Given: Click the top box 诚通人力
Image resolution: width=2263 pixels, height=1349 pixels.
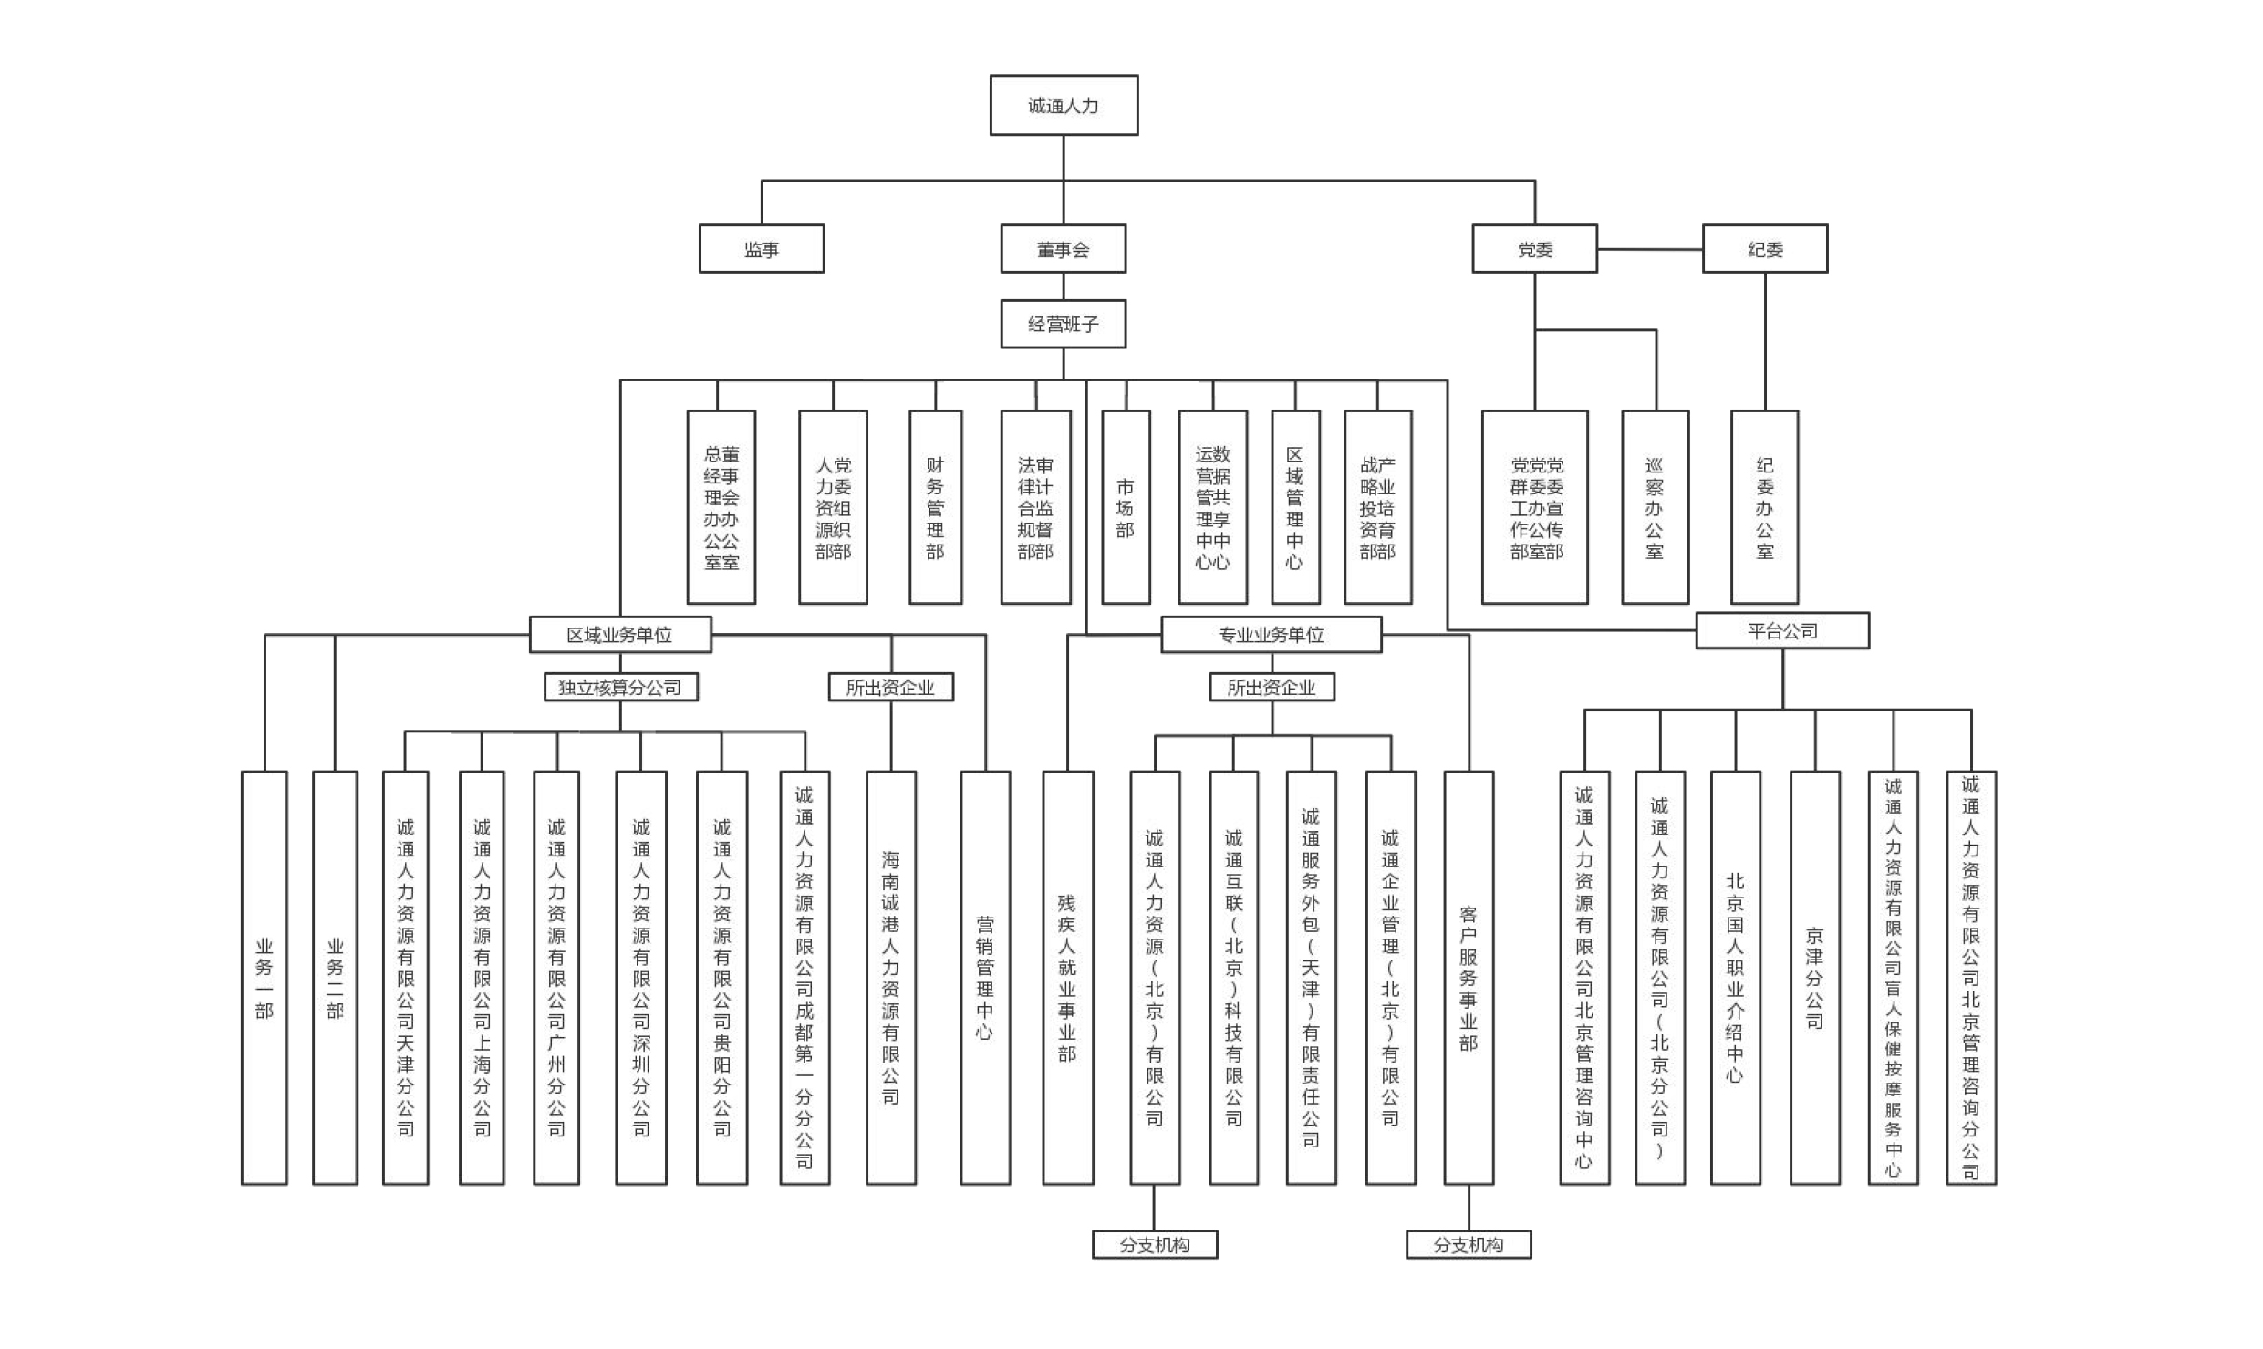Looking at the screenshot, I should (1064, 106).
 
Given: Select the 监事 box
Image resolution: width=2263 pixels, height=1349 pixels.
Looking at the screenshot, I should (762, 249).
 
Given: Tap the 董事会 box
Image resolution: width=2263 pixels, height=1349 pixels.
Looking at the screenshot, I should (1064, 249).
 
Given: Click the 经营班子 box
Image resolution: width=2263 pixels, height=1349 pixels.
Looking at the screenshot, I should (1064, 324).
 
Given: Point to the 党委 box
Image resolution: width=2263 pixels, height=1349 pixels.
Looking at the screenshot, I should (1534, 249).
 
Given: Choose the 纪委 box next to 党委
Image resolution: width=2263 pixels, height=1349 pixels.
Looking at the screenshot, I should (1765, 249).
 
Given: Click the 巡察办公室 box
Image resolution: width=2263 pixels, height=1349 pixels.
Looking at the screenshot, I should (1655, 507).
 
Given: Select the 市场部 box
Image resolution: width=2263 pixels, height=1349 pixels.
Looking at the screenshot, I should (1126, 507).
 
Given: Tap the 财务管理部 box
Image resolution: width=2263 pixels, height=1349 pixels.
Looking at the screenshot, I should (935, 507).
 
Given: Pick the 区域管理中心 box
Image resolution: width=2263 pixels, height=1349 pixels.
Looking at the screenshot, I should (1295, 507).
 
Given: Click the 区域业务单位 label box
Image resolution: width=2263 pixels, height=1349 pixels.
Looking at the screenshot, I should (620, 635).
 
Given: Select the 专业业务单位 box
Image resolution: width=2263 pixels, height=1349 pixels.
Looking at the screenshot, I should (1271, 635).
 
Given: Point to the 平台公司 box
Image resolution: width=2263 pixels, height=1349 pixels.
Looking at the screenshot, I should (1782, 631).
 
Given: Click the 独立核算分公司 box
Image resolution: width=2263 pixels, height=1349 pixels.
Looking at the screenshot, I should (620, 688).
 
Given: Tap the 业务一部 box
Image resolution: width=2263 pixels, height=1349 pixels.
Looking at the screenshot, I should (265, 978).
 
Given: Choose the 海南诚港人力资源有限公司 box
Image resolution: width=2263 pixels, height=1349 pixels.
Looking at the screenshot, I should (891, 978).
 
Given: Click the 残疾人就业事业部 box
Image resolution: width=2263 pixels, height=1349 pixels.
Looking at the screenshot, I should (1068, 978).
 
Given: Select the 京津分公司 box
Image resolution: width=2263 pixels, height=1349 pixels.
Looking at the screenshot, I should (1815, 978).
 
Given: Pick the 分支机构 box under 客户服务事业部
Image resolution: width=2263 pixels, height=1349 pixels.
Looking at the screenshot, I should (1469, 1245).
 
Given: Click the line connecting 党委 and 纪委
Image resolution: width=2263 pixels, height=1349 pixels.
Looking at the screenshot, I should (1650, 249).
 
